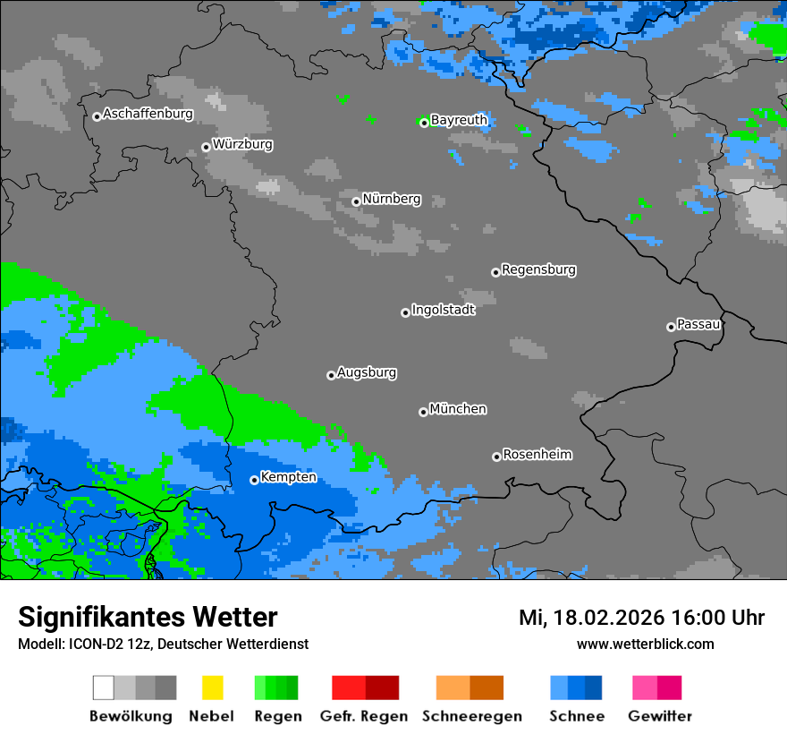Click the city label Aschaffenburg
[148, 114]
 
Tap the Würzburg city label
[242, 144]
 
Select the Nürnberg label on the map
[391, 199]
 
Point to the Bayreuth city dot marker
[424, 123]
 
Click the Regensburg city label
[538, 269]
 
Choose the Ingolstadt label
[443, 310]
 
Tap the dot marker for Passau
[671, 327]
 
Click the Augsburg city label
[367, 372]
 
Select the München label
[458, 409]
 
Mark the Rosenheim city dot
[496, 457]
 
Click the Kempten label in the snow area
[288, 477]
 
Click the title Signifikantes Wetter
[148, 618]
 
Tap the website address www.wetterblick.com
[645, 645]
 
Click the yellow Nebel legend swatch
[212, 687]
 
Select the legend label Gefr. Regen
[365, 716]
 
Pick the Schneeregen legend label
[470, 716]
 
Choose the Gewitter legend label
[660, 716]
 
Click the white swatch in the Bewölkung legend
[104, 687]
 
